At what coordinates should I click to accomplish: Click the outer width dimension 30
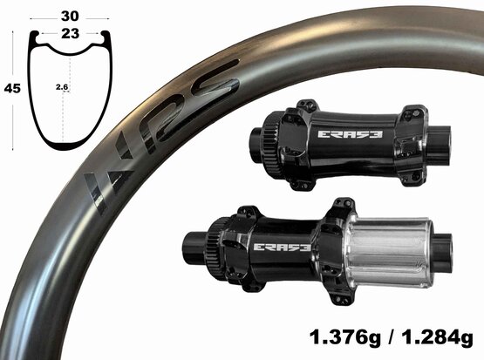point(70,16)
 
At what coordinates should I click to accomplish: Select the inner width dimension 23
point(70,33)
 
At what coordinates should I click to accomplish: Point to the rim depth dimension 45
point(12,89)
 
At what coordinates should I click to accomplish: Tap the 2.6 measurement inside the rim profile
point(62,87)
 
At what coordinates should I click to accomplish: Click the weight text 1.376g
point(345,337)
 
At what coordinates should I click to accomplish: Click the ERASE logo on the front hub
point(350,134)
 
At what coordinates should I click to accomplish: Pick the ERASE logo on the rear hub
point(282,247)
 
